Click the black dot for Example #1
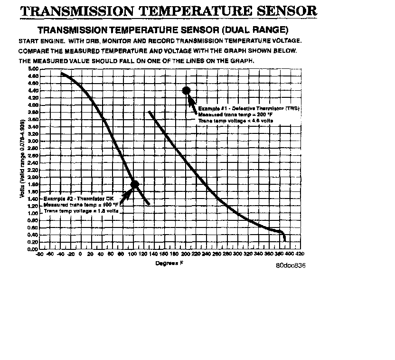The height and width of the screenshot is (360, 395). [x=186, y=90]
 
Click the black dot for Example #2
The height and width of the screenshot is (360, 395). [x=134, y=184]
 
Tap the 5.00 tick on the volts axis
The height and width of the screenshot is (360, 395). [x=32, y=69]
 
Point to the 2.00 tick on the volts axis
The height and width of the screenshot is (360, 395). [x=32, y=177]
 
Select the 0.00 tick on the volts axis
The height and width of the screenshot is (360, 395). [x=32, y=249]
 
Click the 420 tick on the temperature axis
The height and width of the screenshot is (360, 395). [x=300, y=254]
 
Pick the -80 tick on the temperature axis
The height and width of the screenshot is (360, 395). [x=40, y=254]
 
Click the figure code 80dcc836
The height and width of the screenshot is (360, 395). [x=291, y=265]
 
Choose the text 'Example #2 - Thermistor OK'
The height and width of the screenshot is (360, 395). [x=78, y=198]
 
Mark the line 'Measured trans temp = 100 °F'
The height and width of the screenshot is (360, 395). [x=81, y=204]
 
